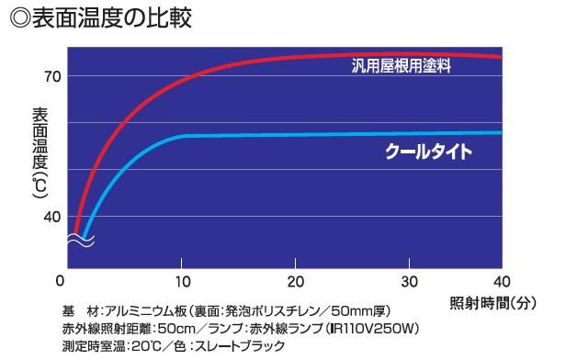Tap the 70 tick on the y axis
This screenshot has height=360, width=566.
click(x=51, y=76)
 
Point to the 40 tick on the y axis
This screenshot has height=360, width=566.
click(x=51, y=217)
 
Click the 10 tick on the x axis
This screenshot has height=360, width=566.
click(x=183, y=280)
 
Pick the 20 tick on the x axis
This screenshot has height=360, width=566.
click(x=295, y=280)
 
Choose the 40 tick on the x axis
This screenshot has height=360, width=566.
click(x=502, y=280)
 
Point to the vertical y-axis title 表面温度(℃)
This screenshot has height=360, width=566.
click(x=38, y=152)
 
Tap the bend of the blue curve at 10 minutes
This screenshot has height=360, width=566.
click(x=184, y=136)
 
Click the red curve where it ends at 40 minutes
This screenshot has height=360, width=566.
click(x=501, y=56)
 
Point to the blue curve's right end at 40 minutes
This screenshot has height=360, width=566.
click(x=501, y=132)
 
